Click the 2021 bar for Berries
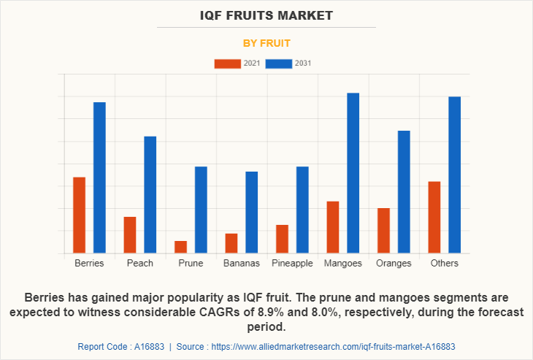pyautogui.click(x=79, y=215)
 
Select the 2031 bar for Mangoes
pyautogui.click(x=353, y=173)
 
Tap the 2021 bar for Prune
pyautogui.click(x=180, y=247)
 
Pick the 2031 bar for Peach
pyautogui.click(x=150, y=194)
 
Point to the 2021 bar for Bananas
pyautogui.click(x=231, y=243)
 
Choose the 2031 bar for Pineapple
pyautogui.click(x=302, y=210)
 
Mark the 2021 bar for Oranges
pyautogui.click(x=383, y=231)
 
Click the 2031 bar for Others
pyautogui.click(x=454, y=175)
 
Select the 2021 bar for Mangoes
pyautogui.click(x=332, y=227)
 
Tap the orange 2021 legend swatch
pyautogui.click(x=228, y=64)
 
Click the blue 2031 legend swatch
pyautogui.click(x=279, y=64)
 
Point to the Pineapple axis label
pyautogui.click(x=292, y=263)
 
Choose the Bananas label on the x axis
pyautogui.click(x=241, y=263)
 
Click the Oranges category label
pyautogui.click(x=394, y=263)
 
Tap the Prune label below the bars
pyautogui.click(x=191, y=263)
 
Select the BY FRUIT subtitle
pyautogui.click(x=266, y=43)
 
